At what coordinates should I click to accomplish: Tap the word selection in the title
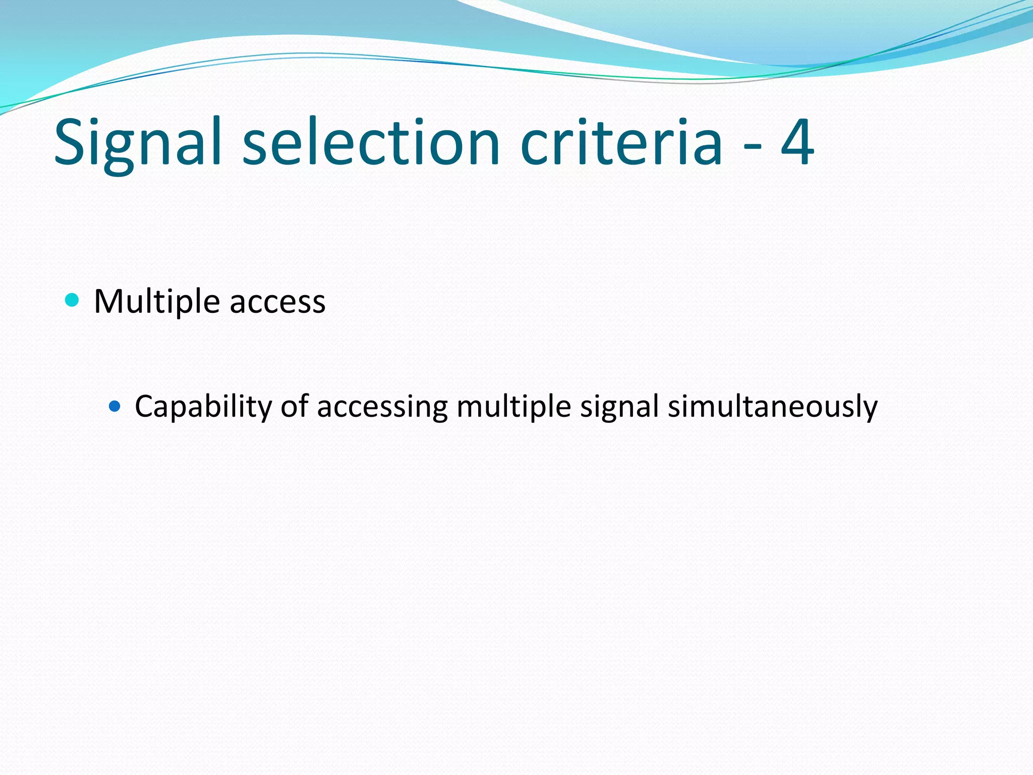pyautogui.click(x=371, y=143)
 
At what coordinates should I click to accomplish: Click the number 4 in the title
pyautogui.click(x=797, y=143)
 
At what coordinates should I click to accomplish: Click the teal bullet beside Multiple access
pyautogui.click(x=73, y=301)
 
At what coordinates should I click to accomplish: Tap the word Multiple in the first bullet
pyautogui.click(x=157, y=302)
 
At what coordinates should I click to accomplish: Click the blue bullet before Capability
pyautogui.click(x=115, y=406)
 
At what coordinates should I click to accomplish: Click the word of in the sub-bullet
pyautogui.click(x=295, y=406)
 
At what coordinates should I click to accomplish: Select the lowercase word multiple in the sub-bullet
pyautogui.click(x=513, y=407)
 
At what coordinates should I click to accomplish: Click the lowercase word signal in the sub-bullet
pyautogui.click(x=619, y=407)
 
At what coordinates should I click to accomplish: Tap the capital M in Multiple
pyautogui.click(x=107, y=302)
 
